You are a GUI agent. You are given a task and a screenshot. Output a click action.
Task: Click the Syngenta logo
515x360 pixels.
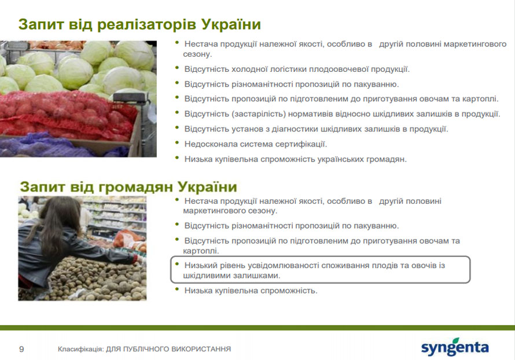(x=455, y=347)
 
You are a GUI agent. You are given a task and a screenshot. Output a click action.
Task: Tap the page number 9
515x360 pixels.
(x=21, y=349)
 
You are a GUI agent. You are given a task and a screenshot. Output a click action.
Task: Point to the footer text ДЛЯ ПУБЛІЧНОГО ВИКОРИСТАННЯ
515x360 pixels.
(x=168, y=349)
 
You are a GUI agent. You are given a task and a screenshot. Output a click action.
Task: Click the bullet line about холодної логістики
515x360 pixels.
(x=297, y=69)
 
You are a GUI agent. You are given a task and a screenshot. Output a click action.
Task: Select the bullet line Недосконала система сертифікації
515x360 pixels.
(x=256, y=144)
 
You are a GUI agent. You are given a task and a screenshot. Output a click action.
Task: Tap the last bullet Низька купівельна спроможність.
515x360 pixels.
(x=251, y=291)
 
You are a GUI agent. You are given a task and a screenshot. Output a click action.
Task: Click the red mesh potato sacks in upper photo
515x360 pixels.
(x=66, y=115)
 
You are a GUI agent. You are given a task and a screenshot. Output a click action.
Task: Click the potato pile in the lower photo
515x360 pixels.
(x=95, y=279)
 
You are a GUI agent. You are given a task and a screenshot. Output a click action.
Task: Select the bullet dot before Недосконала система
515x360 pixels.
(x=178, y=142)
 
